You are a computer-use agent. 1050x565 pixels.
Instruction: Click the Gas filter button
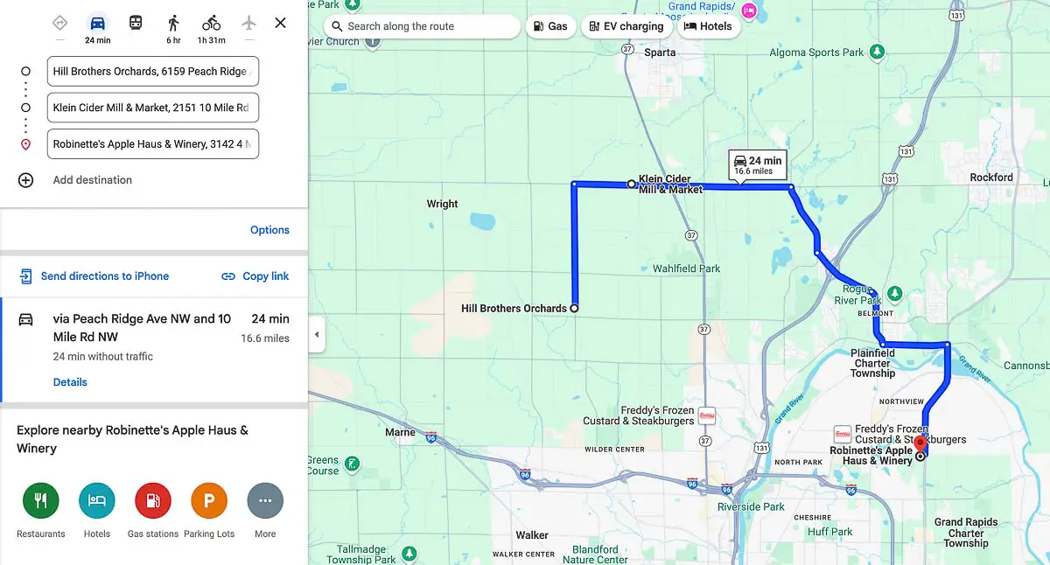coord(549,26)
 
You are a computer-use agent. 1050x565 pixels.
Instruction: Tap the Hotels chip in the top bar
coord(708,26)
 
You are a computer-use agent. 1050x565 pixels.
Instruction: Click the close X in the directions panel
coord(280,23)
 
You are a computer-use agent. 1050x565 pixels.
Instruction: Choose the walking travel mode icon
coord(173,23)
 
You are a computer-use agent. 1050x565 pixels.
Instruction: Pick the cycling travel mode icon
coord(211,23)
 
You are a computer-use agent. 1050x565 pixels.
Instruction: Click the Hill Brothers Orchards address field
coord(153,72)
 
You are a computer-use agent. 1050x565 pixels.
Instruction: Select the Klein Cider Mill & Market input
coord(153,108)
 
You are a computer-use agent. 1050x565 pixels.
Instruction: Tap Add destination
coord(92,180)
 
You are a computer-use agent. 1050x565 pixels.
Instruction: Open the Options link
coord(269,230)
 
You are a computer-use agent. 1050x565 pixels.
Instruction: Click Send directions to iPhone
coord(104,276)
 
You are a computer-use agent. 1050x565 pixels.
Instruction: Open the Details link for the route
coord(70,382)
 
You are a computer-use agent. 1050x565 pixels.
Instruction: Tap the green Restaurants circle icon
coord(40,501)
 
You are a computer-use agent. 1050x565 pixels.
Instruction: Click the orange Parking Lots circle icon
coord(209,501)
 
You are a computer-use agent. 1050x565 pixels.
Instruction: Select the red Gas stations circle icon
coord(153,501)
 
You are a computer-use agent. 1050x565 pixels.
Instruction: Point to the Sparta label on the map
coord(660,52)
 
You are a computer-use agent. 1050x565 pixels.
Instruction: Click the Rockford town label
coord(991,178)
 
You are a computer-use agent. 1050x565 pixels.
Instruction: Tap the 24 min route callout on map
coord(758,164)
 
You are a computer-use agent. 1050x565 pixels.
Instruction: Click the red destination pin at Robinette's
coord(920,443)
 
